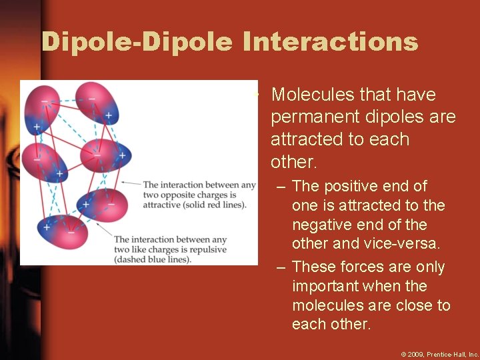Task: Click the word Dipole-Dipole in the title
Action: pos(137,42)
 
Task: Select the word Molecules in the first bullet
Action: pos(313,95)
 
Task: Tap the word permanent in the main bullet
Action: pos(316,117)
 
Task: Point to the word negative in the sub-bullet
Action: pos(324,225)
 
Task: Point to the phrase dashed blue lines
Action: pos(153,259)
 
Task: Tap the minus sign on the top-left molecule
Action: pos(44,101)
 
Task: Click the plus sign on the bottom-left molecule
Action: pos(47,227)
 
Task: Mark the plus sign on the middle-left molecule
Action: pos(59,174)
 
